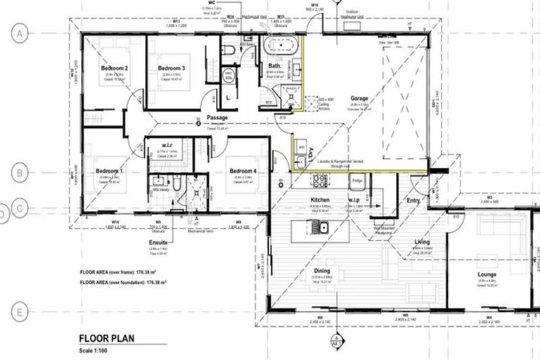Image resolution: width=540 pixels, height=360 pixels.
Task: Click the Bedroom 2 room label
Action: click(x=117, y=68)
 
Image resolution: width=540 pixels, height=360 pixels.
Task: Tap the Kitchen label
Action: click(x=320, y=201)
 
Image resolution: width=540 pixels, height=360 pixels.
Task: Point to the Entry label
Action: click(x=413, y=202)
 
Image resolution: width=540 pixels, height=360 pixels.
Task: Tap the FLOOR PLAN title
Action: click(x=106, y=338)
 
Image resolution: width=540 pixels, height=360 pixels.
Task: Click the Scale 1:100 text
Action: click(x=94, y=350)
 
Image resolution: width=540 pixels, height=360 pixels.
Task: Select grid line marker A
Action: click(x=20, y=33)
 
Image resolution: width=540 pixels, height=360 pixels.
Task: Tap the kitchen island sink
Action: click(x=323, y=226)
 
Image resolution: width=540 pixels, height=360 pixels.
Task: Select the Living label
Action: click(x=423, y=243)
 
